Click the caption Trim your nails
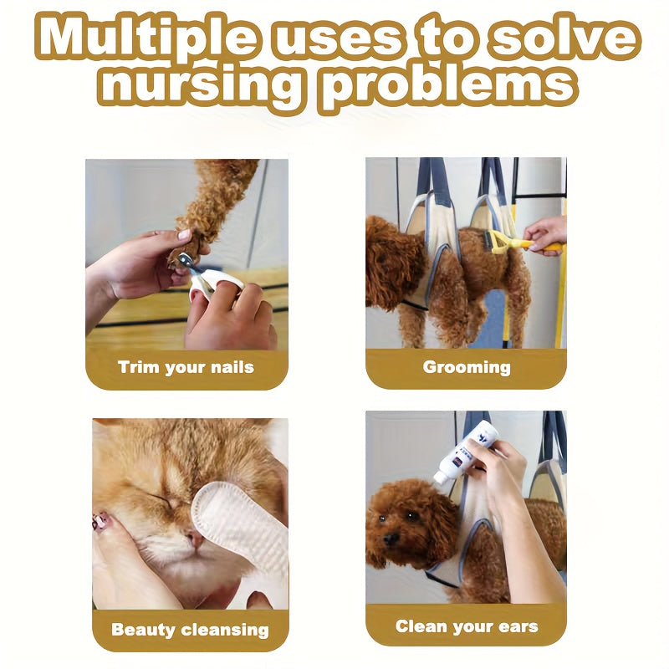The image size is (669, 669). click(x=186, y=368)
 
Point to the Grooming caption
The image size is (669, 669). click(x=467, y=368)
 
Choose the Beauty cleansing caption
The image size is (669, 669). click(x=190, y=631)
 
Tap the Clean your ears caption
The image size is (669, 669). click(x=467, y=626)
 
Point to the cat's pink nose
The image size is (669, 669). click(x=196, y=539)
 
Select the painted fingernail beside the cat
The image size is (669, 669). click(x=101, y=520)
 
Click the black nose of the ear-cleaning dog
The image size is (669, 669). click(x=390, y=539)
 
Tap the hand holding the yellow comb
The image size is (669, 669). click(x=546, y=235)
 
